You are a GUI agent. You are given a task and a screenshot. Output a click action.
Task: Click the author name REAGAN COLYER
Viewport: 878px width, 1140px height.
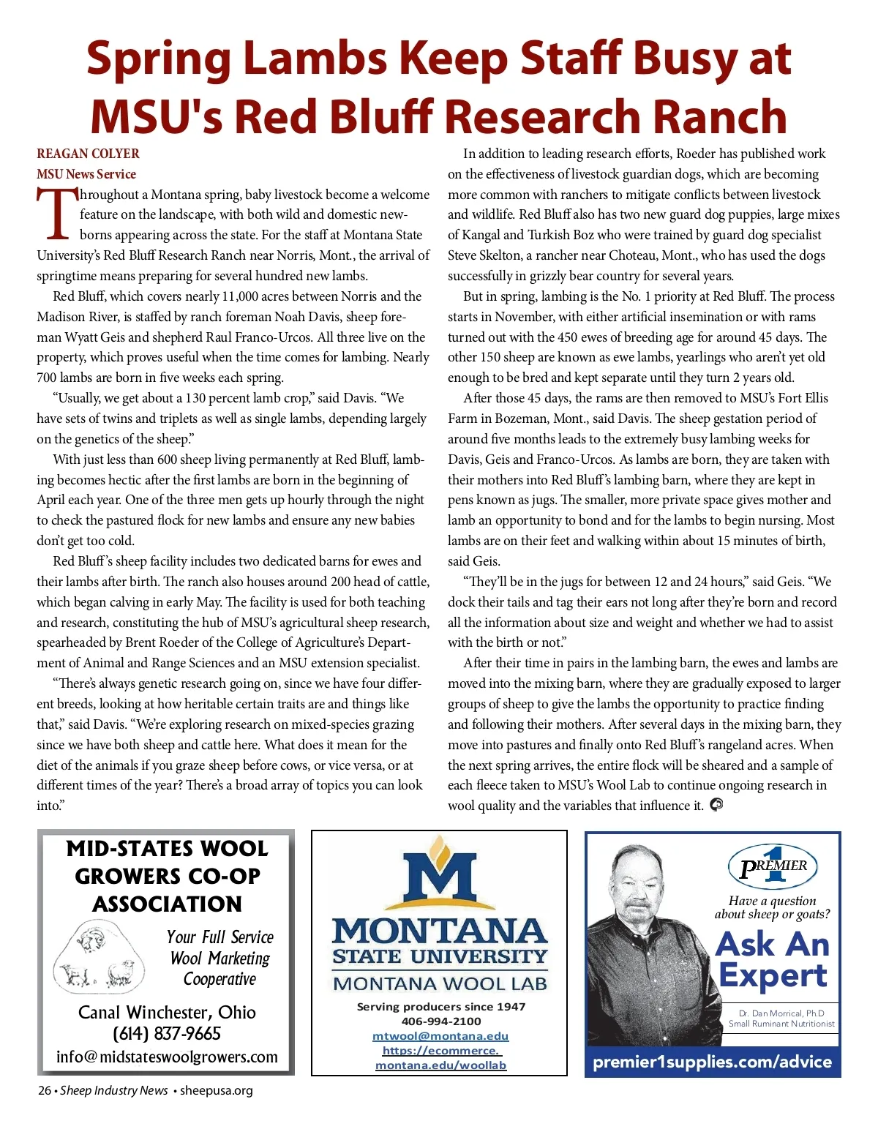click(x=88, y=154)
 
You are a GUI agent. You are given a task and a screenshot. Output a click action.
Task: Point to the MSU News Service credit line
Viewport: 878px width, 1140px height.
click(x=86, y=174)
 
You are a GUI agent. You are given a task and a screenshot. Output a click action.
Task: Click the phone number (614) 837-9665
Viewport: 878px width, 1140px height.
click(x=167, y=1034)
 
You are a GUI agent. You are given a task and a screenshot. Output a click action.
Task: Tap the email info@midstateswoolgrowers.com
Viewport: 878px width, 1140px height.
click(x=167, y=1057)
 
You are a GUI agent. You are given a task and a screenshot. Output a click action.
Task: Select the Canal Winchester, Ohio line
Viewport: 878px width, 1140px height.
click(x=167, y=1012)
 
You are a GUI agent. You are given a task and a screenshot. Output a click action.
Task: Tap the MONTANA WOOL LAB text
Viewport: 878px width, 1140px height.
click(x=440, y=983)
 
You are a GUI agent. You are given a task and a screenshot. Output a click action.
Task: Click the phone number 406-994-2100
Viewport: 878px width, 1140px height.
click(x=441, y=1021)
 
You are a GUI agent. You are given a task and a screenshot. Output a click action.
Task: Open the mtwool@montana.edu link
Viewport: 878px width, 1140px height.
click(x=440, y=1036)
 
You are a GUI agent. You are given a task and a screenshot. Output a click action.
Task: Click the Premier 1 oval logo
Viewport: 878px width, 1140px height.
click(x=773, y=866)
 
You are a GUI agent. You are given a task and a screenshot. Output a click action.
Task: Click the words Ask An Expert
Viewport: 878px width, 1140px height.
click(x=773, y=959)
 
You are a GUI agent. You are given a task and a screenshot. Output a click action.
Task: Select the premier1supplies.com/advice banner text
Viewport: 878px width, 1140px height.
click(x=712, y=1062)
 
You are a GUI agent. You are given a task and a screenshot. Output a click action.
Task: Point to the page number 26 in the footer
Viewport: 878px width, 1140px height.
click(x=45, y=1090)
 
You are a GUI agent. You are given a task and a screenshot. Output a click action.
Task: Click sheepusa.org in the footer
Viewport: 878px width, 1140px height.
click(x=217, y=1090)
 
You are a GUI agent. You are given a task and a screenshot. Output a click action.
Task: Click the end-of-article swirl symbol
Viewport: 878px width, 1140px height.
click(x=716, y=805)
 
